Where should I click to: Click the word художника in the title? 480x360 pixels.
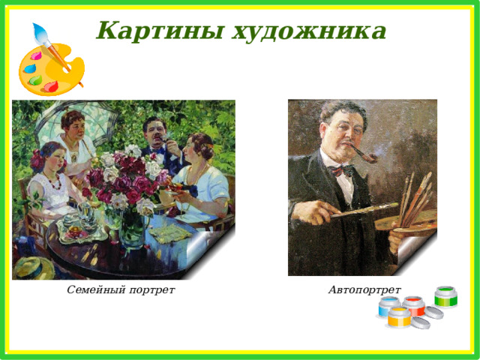pyautogui.click(x=308, y=31)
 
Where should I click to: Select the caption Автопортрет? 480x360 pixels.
pyautogui.click(x=364, y=289)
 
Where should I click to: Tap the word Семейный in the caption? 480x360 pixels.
pyautogui.click(x=96, y=289)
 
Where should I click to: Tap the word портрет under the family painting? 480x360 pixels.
pyautogui.click(x=151, y=290)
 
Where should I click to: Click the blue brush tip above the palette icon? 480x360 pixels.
pyautogui.click(x=40, y=33)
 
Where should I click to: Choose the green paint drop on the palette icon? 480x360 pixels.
pyautogui.click(x=36, y=80)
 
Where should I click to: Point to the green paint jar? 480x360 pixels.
pyautogui.click(x=445, y=296)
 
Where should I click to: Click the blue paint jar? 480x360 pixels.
pyautogui.click(x=388, y=307)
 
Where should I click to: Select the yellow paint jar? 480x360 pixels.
pyautogui.click(x=399, y=317)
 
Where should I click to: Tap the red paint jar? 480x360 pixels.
pyautogui.click(x=413, y=306)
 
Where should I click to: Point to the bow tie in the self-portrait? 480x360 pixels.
pyautogui.click(x=340, y=170)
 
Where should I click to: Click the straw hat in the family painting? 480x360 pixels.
pyautogui.click(x=34, y=268)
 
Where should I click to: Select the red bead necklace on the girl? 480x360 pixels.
pyautogui.click(x=54, y=181)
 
